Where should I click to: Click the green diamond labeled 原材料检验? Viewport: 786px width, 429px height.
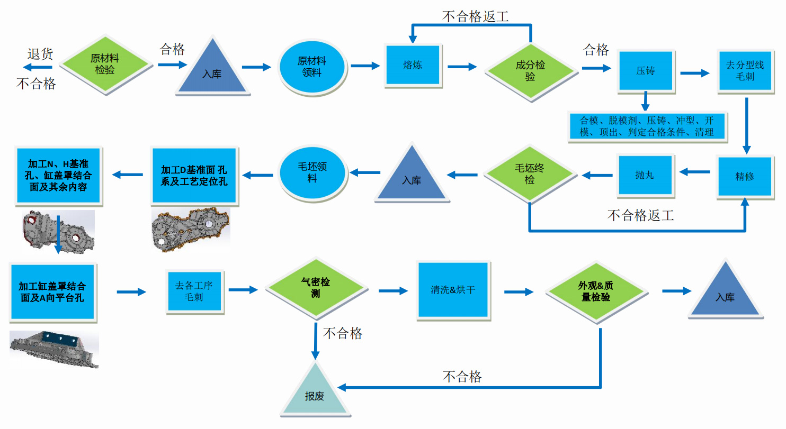click(x=105, y=65)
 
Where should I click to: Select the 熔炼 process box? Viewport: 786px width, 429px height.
click(x=413, y=66)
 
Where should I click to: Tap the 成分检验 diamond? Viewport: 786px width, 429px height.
click(x=530, y=71)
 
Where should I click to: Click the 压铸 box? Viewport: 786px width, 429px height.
click(x=645, y=71)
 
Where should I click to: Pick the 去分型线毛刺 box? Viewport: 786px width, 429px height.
click(x=745, y=71)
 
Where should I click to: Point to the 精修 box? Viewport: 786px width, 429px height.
click(x=744, y=177)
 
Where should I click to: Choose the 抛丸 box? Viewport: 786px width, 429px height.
click(x=645, y=175)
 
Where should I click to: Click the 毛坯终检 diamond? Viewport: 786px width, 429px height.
click(x=530, y=174)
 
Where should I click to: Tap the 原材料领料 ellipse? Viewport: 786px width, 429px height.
click(x=312, y=67)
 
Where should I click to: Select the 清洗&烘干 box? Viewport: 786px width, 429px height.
click(x=453, y=290)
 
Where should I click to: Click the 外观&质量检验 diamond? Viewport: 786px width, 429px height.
click(x=596, y=291)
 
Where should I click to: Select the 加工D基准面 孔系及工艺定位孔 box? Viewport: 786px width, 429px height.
click(x=194, y=176)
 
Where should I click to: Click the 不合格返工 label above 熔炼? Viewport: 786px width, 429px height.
click(x=476, y=16)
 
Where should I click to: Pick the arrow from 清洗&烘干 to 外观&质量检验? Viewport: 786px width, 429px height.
click(x=519, y=291)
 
